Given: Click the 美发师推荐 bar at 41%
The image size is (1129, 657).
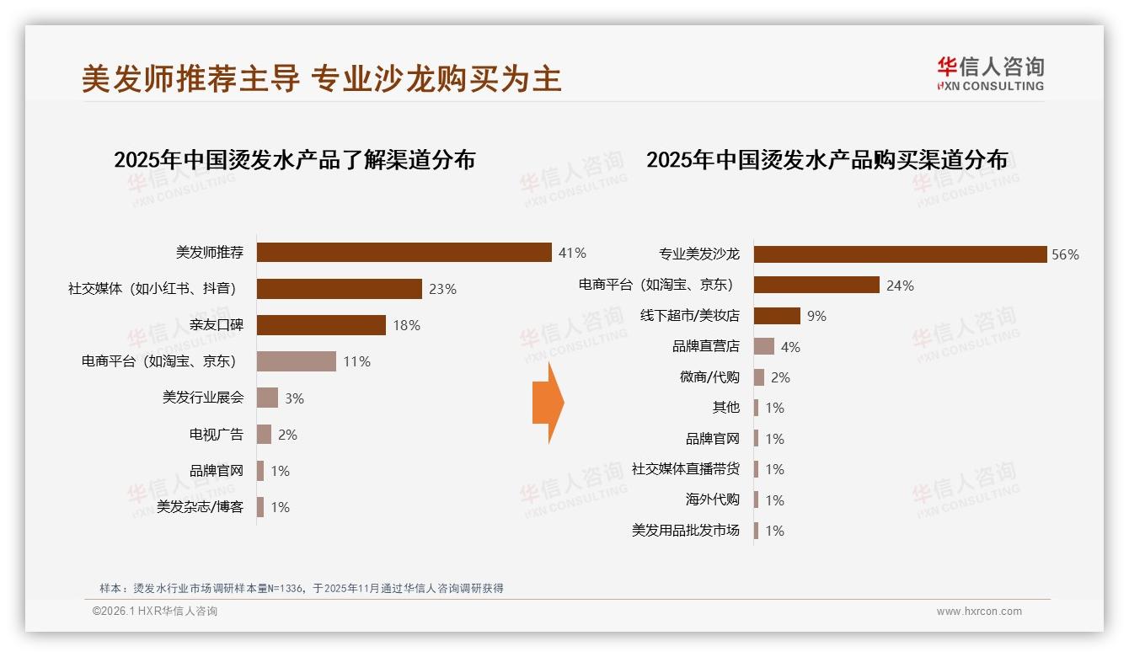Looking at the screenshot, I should coord(404,253).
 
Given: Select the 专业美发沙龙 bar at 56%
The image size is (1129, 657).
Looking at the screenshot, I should coord(900,254).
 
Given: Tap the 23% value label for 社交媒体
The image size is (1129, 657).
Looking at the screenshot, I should coord(442,289).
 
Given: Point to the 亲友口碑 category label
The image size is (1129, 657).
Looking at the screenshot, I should coord(216,325).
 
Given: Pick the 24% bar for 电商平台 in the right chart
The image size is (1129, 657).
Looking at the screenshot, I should coord(816,285).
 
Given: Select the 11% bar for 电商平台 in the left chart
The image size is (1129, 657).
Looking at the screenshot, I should coord(296,361).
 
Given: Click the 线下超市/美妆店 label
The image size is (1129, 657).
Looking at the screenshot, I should coord(689,316).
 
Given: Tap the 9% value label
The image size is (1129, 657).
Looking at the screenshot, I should coord(816,316).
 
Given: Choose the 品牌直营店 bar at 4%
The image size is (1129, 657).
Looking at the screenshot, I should coord(763,346).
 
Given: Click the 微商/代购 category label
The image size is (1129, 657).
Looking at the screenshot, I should coord(709,377).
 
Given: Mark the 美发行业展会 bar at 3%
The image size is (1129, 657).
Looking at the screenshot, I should coord(267,398).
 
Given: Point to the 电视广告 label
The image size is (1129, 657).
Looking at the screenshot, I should coord(216,435).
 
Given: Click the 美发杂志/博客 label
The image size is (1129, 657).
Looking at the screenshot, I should coord(200,507).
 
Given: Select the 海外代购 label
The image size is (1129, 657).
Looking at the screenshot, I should coord(712,499).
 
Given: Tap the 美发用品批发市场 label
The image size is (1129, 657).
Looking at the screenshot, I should coord(685,531).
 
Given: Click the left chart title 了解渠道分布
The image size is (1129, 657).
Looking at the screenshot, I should coord(294,159).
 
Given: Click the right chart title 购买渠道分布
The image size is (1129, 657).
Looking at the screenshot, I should coord(827,159).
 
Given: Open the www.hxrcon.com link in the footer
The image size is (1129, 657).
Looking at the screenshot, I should coord(979,612).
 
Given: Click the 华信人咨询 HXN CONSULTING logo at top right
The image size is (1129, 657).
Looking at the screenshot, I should coord(990,73).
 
